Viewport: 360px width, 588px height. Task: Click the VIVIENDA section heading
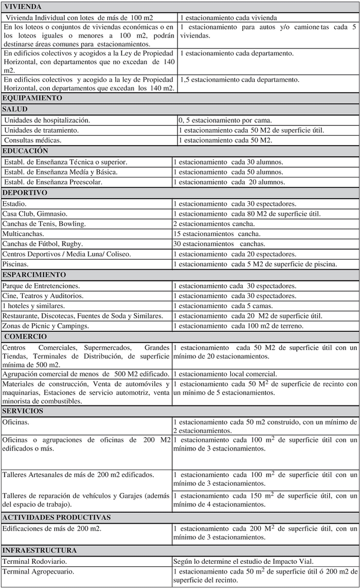pyautogui.click(x=22, y=7)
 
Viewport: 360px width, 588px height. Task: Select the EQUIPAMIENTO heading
pyautogui.click(x=32, y=98)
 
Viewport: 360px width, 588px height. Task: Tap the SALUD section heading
pyautogui.click(x=15, y=109)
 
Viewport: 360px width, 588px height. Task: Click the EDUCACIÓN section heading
pyautogui.click(x=25, y=151)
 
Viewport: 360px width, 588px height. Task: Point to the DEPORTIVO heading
pyautogui.click(x=25, y=193)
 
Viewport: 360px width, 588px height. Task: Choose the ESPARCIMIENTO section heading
pyautogui.click(x=34, y=275)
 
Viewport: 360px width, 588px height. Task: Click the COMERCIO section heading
pyautogui.click(x=25, y=336)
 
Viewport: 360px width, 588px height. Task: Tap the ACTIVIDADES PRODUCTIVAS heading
pyautogui.click(x=57, y=517)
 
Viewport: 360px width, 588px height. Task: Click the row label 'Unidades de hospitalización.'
pyautogui.click(x=47, y=120)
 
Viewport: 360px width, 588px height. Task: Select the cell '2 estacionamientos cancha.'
pyautogui.click(x=214, y=224)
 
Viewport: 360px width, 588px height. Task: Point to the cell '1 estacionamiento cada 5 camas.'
pyautogui.click(x=223, y=306)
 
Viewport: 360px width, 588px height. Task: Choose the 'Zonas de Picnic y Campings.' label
pyautogui.click(x=46, y=326)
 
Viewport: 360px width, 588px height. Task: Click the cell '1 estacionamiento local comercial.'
pyautogui.click(x=225, y=374)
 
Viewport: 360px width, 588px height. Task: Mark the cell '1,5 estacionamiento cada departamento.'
pyautogui.click(x=240, y=80)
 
